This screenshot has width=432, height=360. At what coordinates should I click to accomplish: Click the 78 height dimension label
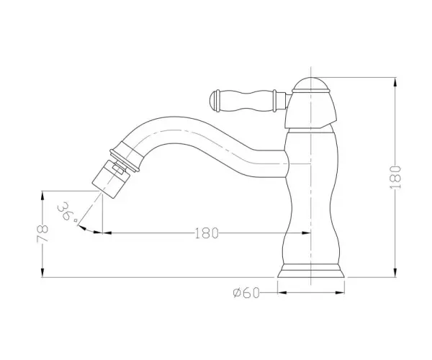42,233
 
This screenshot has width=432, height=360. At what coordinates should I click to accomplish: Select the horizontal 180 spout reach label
207,233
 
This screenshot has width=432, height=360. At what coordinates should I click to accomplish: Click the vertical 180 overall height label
395,177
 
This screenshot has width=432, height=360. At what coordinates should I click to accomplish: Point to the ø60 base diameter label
246,292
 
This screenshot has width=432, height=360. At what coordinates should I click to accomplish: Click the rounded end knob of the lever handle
215,100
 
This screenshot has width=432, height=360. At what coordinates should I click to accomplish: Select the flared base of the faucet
311,271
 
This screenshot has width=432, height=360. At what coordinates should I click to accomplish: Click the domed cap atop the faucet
311,84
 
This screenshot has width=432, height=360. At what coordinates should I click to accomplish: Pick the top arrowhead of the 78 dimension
42,196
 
